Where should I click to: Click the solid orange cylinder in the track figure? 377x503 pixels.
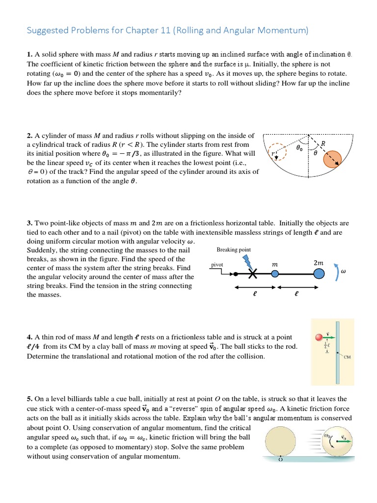coord(334,160)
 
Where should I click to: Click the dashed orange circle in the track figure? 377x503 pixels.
coord(278,152)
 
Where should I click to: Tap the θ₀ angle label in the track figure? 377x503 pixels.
coord(299,147)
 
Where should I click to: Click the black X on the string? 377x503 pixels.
coord(253,274)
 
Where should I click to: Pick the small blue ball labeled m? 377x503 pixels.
coord(275,274)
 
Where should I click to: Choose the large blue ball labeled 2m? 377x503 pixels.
coord(319,274)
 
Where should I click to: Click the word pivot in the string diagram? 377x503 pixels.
coord(217,264)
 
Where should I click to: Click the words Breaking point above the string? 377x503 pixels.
coord(234,250)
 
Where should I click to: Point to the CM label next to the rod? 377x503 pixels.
coord(347,358)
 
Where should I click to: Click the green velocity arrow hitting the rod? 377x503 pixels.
coord(328,337)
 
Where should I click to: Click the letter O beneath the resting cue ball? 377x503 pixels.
coord(280,460)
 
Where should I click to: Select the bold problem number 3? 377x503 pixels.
coord(29,223)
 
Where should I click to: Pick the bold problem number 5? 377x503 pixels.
coord(29,399)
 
